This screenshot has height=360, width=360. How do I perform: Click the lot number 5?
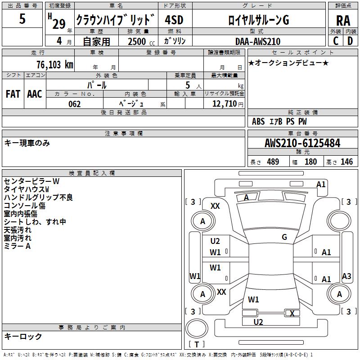(x=22, y=18)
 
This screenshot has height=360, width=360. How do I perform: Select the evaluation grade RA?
(x=343, y=21)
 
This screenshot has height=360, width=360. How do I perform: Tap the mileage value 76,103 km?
(x=55, y=65)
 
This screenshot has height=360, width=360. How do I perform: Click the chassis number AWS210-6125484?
(x=302, y=143)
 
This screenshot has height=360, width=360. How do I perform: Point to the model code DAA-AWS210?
(x=258, y=41)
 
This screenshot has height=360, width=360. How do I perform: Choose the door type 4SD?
(x=174, y=20)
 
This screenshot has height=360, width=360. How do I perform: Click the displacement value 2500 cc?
(x=141, y=41)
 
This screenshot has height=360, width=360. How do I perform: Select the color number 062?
(x=75, y=104)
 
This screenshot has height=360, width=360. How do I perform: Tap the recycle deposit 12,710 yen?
(x=228, y=104)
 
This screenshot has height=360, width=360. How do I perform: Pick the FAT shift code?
(x=13, y=94)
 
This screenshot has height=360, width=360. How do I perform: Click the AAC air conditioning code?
(x=35, y=94)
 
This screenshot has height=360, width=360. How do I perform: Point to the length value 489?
(x=273, y=162)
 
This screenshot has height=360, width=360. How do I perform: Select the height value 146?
(x=346, y=162)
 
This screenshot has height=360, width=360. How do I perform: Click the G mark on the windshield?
(x=284, y=237)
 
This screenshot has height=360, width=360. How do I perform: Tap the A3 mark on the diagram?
(x=346, y=276)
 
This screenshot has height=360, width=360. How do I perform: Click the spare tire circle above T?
(x=197, y=329)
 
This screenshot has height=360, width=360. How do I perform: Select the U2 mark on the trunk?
(x=258, y=322)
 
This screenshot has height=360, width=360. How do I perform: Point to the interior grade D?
(x=350, y=41)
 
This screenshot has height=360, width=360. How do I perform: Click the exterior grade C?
(x=336, y=41)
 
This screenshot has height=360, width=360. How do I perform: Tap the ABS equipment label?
(x=258, y=121)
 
